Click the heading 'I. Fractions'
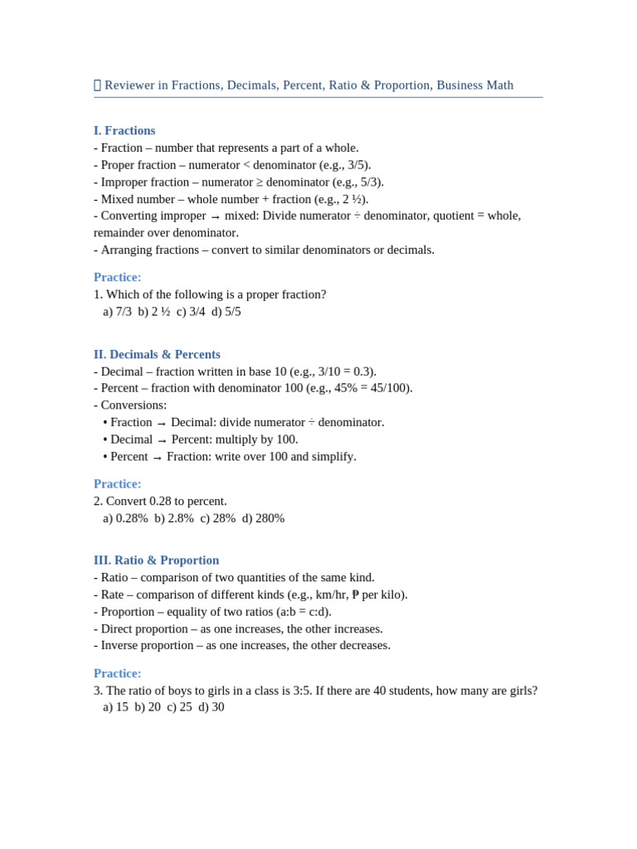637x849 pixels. coord(124,130)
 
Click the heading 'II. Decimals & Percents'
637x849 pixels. coord(157,354)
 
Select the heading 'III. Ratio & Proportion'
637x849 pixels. coord(156,560)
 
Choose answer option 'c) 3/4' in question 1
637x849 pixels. coord(191,311)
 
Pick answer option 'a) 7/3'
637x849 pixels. coord(117,311)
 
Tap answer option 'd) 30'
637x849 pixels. coord(212,706)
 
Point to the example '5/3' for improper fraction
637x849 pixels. coord(370,182)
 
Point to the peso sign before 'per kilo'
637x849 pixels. coord(355,594)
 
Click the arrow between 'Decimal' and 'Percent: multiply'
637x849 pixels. coord(162,440)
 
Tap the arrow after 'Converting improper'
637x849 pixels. coord(216,216)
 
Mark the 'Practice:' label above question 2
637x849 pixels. coord(117,483)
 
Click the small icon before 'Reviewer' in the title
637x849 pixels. coord(97,85)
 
